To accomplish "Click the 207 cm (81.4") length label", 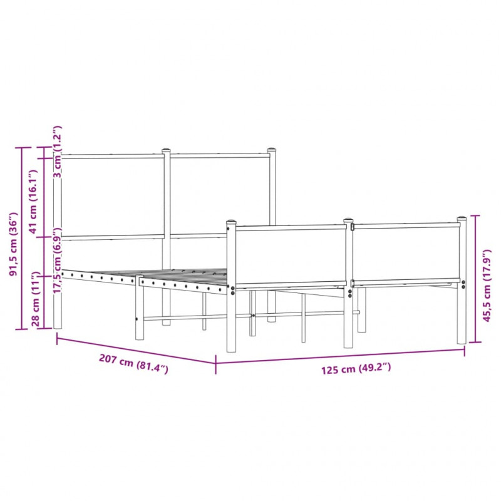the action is (x=133, y=364).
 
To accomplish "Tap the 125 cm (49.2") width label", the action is (x=356, y=368).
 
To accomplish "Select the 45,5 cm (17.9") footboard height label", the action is (x=487, y=286).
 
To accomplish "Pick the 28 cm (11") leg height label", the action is (x=36, y=299).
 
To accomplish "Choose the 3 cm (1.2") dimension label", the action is (x=58, y=152).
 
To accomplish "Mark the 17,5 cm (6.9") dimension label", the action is (x=58, y=261).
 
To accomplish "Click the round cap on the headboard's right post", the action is (x=272, y=150).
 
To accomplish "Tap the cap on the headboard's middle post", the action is (x=166, y=150).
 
